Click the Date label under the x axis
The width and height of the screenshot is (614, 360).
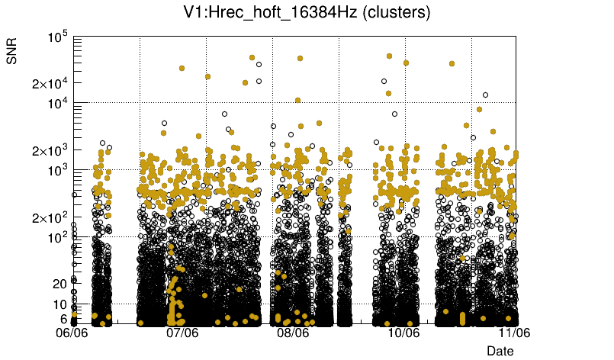coord(500,350)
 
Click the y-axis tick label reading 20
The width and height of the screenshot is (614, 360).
coord(59,284)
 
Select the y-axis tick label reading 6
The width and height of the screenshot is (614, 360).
coord(63,319)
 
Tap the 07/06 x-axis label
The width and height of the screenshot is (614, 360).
coord(182,333)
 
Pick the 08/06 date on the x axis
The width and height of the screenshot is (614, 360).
coord(293,333)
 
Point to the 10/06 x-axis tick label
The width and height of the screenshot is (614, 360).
coord(403,333)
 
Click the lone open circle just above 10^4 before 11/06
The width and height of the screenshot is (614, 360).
coord(485,95)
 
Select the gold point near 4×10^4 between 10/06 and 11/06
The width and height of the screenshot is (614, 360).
coord(452,64)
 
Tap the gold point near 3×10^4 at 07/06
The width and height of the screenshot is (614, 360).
coord(182,68)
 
